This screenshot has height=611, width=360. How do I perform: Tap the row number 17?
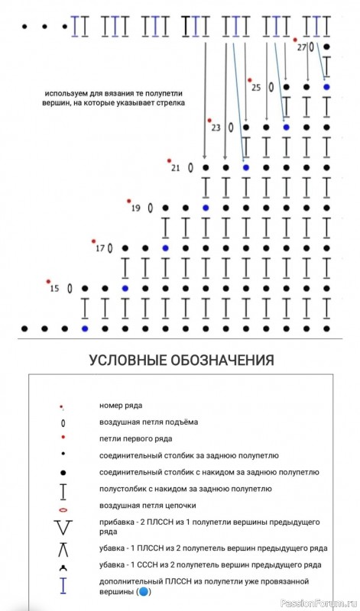pos(99,248)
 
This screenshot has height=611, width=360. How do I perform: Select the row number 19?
pos(135,208)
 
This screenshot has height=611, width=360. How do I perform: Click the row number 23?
pos(216,128)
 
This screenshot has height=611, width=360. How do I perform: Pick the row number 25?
pos(256,87)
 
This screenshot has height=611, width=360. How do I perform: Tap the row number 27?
pos(301,47)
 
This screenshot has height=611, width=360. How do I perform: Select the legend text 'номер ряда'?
pos(121,405)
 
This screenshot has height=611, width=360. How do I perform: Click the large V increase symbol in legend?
pos(63,527)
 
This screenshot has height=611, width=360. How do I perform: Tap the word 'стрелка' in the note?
pos(169,102)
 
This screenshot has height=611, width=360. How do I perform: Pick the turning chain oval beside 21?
pos(190,167)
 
